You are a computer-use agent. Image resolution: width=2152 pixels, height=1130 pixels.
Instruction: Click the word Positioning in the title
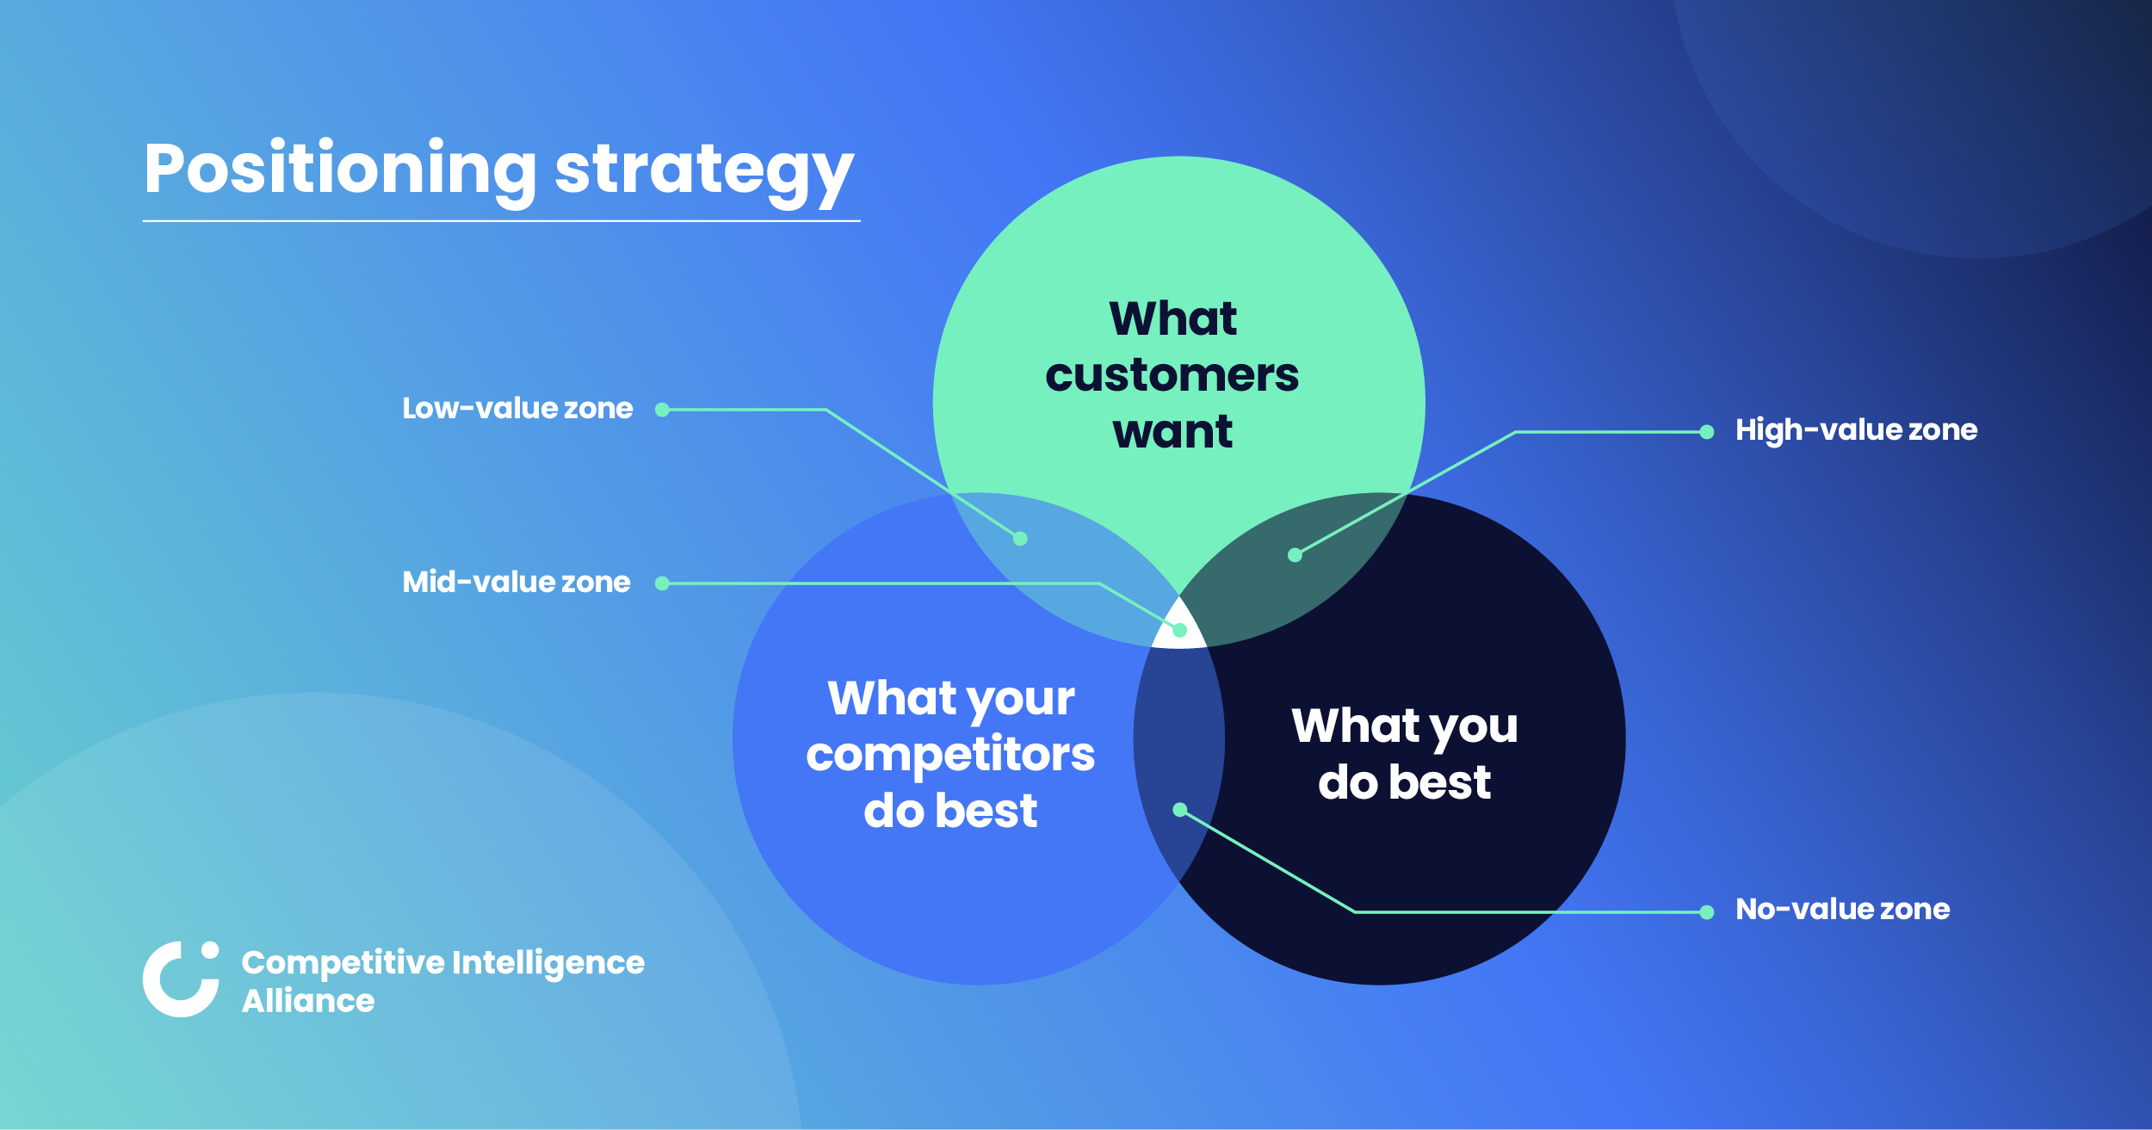pos(340,169)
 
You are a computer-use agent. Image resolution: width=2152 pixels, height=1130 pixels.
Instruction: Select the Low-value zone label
pos(517,408)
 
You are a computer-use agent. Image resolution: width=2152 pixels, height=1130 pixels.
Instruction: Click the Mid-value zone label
pos(516,582)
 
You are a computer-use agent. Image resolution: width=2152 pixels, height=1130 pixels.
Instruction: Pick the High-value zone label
pos(1856,429)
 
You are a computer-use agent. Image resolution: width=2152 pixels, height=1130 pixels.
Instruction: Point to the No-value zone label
pos(1842,909)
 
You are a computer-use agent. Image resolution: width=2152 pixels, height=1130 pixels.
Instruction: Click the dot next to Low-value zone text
pos(662,410)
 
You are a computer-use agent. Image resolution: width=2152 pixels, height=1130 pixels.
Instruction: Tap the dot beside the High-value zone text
pos(1707,432)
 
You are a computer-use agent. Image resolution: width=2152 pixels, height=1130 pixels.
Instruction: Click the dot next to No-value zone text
pos(1707,912)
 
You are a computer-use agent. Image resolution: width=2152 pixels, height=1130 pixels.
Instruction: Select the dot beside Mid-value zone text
pos(662,584)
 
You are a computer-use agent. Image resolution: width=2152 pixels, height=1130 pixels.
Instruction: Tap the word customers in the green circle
pos(1172,375)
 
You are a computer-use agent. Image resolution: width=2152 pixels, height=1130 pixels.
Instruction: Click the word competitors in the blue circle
pos(950,754)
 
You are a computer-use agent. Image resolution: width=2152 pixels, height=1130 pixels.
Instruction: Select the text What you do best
pos(1404,753)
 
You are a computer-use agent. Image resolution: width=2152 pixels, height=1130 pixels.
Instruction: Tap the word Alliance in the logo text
pos(308,1001)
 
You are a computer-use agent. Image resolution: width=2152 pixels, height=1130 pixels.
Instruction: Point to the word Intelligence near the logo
pos(547,962)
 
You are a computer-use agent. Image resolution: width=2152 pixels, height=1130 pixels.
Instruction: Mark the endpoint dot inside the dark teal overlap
pos(1295,555)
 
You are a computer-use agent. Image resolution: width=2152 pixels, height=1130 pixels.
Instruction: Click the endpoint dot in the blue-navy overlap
pos(1180,810)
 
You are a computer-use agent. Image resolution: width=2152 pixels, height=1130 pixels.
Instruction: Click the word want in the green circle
pos(1172,431)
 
